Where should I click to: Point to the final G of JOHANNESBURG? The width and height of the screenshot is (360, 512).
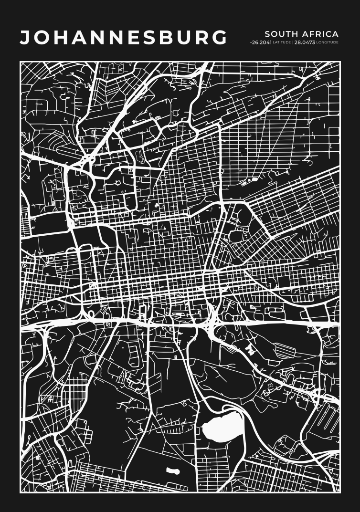click(x=219, y=38)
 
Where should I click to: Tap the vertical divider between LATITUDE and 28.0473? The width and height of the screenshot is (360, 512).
click(x=292, y=42)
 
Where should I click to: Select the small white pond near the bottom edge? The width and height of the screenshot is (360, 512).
click(x=173, y=472)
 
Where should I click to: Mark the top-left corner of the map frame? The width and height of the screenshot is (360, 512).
click(x=20, y=62)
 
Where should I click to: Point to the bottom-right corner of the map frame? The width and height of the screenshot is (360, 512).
click(x=340, y=492)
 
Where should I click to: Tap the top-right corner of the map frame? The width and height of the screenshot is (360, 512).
click(x=340, y=62)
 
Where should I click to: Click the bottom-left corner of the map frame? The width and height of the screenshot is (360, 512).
click(x=20, y=492)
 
